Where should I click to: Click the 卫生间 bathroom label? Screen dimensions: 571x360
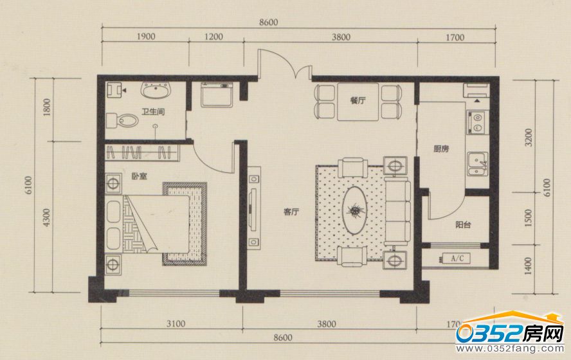pos(153,111)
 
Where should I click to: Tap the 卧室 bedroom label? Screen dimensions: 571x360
pos(139,176)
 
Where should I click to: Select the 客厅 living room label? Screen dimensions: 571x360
pos(291,212)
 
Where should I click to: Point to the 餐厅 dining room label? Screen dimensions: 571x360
pos(358,100)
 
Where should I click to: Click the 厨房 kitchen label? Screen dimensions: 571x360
pos(441,148)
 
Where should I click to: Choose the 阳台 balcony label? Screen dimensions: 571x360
pos(463,224)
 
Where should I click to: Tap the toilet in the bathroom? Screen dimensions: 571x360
pos(122,120)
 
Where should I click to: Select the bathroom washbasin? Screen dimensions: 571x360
pos(156,90)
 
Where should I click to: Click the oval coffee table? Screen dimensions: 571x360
pos(354,210)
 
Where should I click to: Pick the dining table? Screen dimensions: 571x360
pos(358,102)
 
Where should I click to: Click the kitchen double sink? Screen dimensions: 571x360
pos(477,164)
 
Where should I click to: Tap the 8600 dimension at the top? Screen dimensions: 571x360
pos(268,22)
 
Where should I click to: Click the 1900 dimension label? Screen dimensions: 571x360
pos(146,37)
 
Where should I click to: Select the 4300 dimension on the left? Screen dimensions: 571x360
pos(46,217)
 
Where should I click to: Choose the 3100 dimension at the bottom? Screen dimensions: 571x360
pos(176,323)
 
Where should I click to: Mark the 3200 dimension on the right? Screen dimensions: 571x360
pos(528,137)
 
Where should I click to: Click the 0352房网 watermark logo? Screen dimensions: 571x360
pos(510,332)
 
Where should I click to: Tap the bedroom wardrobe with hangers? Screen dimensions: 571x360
pos(142,152)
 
